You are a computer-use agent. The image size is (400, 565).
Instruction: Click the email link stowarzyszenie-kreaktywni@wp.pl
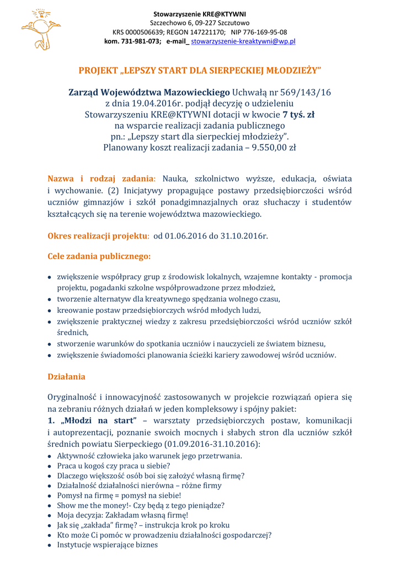click(x=243, y=41)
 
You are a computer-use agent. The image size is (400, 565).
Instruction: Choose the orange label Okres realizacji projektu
click(x=98, y=236)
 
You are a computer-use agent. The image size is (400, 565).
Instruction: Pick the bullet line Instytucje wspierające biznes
click(x=107, y=545)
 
